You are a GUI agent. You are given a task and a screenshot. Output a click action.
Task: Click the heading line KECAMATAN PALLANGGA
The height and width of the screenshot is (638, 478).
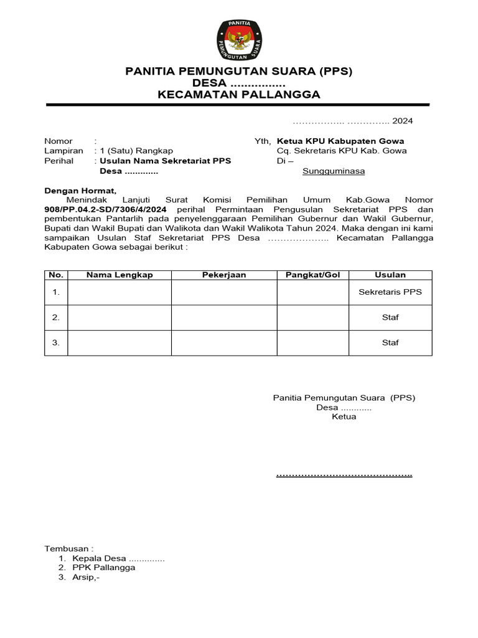pyautogui.click(x=239, y=95)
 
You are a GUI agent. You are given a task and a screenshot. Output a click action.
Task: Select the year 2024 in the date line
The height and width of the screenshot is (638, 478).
pyautogui.click(x=402, y=121)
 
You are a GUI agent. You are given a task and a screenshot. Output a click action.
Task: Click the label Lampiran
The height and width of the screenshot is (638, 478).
pyautogui.click(x=63, y=151)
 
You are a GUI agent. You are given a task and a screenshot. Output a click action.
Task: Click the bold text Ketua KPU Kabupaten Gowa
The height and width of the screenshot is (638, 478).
pyautogui.click(x=340, y=141)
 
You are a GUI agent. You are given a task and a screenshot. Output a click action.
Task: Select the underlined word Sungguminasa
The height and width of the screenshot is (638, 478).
pyautogui.click(x=334, y=171)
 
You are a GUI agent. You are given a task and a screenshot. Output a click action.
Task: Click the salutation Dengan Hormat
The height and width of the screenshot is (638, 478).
pyautogui.click(x=80, y=191)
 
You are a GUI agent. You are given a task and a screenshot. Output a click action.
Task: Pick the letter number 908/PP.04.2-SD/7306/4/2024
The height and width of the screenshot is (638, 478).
pyautogui.click(x=105, y=210)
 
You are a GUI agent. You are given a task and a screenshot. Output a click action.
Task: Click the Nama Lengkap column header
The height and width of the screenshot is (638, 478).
pyautogui.click(x=119, y=275)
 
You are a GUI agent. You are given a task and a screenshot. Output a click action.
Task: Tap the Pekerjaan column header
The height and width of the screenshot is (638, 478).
pyautogui.click(x=224, y=275)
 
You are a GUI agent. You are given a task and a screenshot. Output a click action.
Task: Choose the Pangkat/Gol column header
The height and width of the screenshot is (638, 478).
pyautogui.click(x=312, y=275)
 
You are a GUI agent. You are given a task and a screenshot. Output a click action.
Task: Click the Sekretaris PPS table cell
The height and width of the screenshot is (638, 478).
pyautogui.click(x=390, y=292)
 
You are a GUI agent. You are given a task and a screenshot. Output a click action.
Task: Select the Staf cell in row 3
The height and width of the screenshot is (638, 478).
pyautogui.click(x=390, y=342)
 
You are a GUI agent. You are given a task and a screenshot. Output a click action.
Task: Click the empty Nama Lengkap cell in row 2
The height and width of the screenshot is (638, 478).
pyautogui.click(x=119, y=317)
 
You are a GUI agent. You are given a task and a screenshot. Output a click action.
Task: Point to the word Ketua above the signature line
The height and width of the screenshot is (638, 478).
pyautogui.click(x=344, y=417)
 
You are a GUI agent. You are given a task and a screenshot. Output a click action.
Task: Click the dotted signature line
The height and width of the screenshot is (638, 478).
pyautogui.click(x=344, y=475)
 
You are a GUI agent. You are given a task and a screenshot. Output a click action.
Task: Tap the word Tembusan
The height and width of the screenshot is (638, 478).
pyautogui.click(x=68, y=548)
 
